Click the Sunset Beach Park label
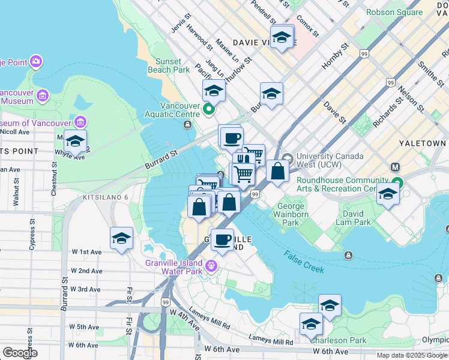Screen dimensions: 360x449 173,65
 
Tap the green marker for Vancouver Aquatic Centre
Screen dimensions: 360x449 208,109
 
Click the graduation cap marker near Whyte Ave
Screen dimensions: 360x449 75,141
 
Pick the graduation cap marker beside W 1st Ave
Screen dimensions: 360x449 121,238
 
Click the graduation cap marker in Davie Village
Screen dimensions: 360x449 282,38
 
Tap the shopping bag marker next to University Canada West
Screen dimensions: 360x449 277,172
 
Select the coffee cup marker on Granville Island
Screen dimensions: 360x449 222,239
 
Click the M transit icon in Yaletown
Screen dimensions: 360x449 396,167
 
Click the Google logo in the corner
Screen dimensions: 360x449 20,352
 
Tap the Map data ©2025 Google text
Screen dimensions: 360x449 411,355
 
